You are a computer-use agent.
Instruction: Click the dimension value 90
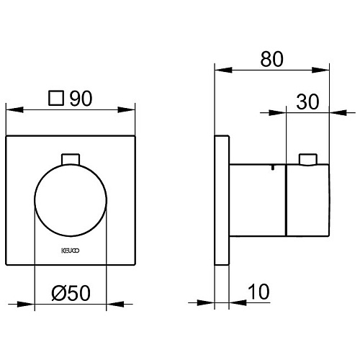pos(81,99)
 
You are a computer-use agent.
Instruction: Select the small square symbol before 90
pos(56,98)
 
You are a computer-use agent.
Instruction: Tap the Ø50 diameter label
pos(71,293)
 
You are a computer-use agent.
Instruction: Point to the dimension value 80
pos(271,59)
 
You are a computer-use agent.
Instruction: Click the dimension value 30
pos(307,102)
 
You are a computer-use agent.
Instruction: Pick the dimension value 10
pos(258,292)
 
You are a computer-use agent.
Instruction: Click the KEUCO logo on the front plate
pos(71,251)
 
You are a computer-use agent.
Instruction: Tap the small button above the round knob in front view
pos(71,159)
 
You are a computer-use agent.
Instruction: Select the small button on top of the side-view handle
pos(308,159)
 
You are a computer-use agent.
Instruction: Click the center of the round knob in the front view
pos(71,200)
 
